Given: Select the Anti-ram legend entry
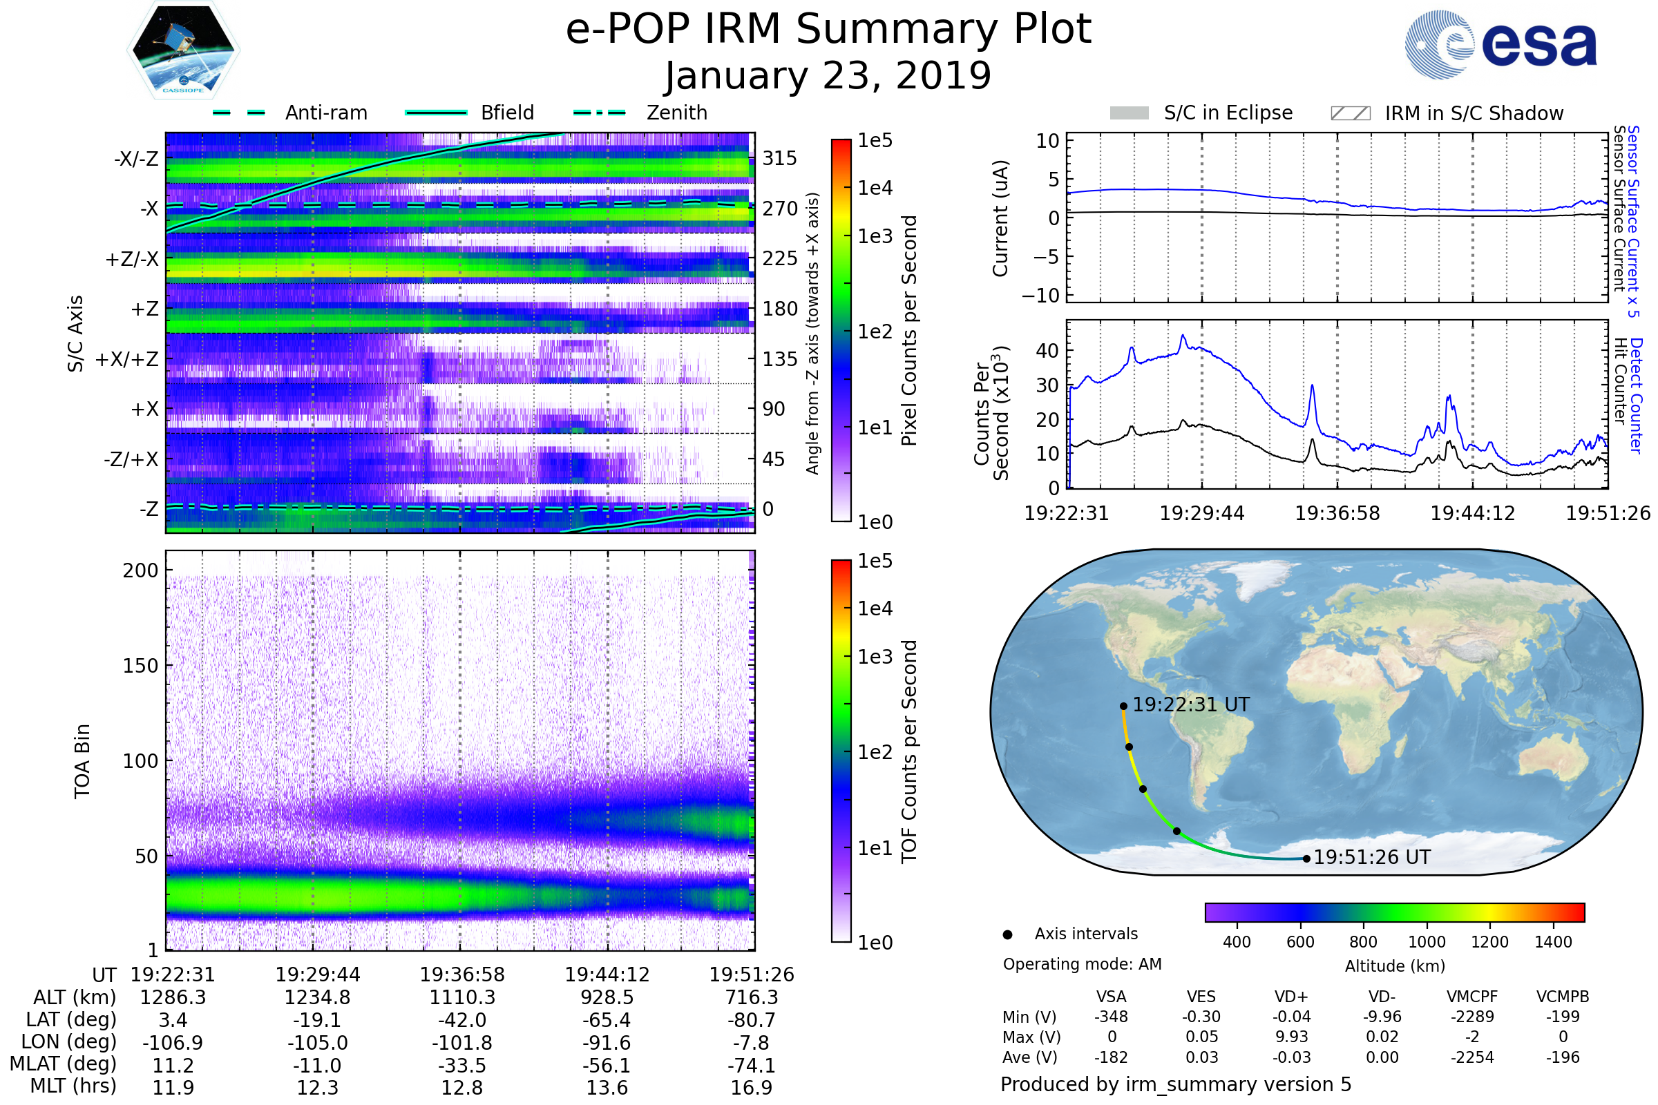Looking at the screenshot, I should coord(325,113).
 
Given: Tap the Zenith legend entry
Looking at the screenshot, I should coord(676,113).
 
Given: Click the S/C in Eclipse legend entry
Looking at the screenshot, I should coord(1228,113).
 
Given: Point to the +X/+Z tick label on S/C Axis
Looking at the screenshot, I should coord(127,359).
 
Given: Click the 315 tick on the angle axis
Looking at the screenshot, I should coord(780,158).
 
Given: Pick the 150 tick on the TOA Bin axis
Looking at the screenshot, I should coord(140,666).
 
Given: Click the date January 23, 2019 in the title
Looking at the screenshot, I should coord(828,76).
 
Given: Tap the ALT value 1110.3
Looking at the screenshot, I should coord(462,998).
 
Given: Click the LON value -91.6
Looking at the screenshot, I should coord(607,1043).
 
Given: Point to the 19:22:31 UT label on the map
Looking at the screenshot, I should coord(1190,704).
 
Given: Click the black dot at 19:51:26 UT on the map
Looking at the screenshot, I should coord(1306,858).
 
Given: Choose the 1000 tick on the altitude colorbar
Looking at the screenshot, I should coord(1427,942).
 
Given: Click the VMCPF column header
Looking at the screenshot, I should coord(1472,997).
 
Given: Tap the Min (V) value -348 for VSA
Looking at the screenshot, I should coord(1111,1017).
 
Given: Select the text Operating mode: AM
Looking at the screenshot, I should coord(1082,964).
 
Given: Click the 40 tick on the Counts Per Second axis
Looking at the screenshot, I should coord(1047,350).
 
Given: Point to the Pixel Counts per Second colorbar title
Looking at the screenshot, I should coord(909,331).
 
